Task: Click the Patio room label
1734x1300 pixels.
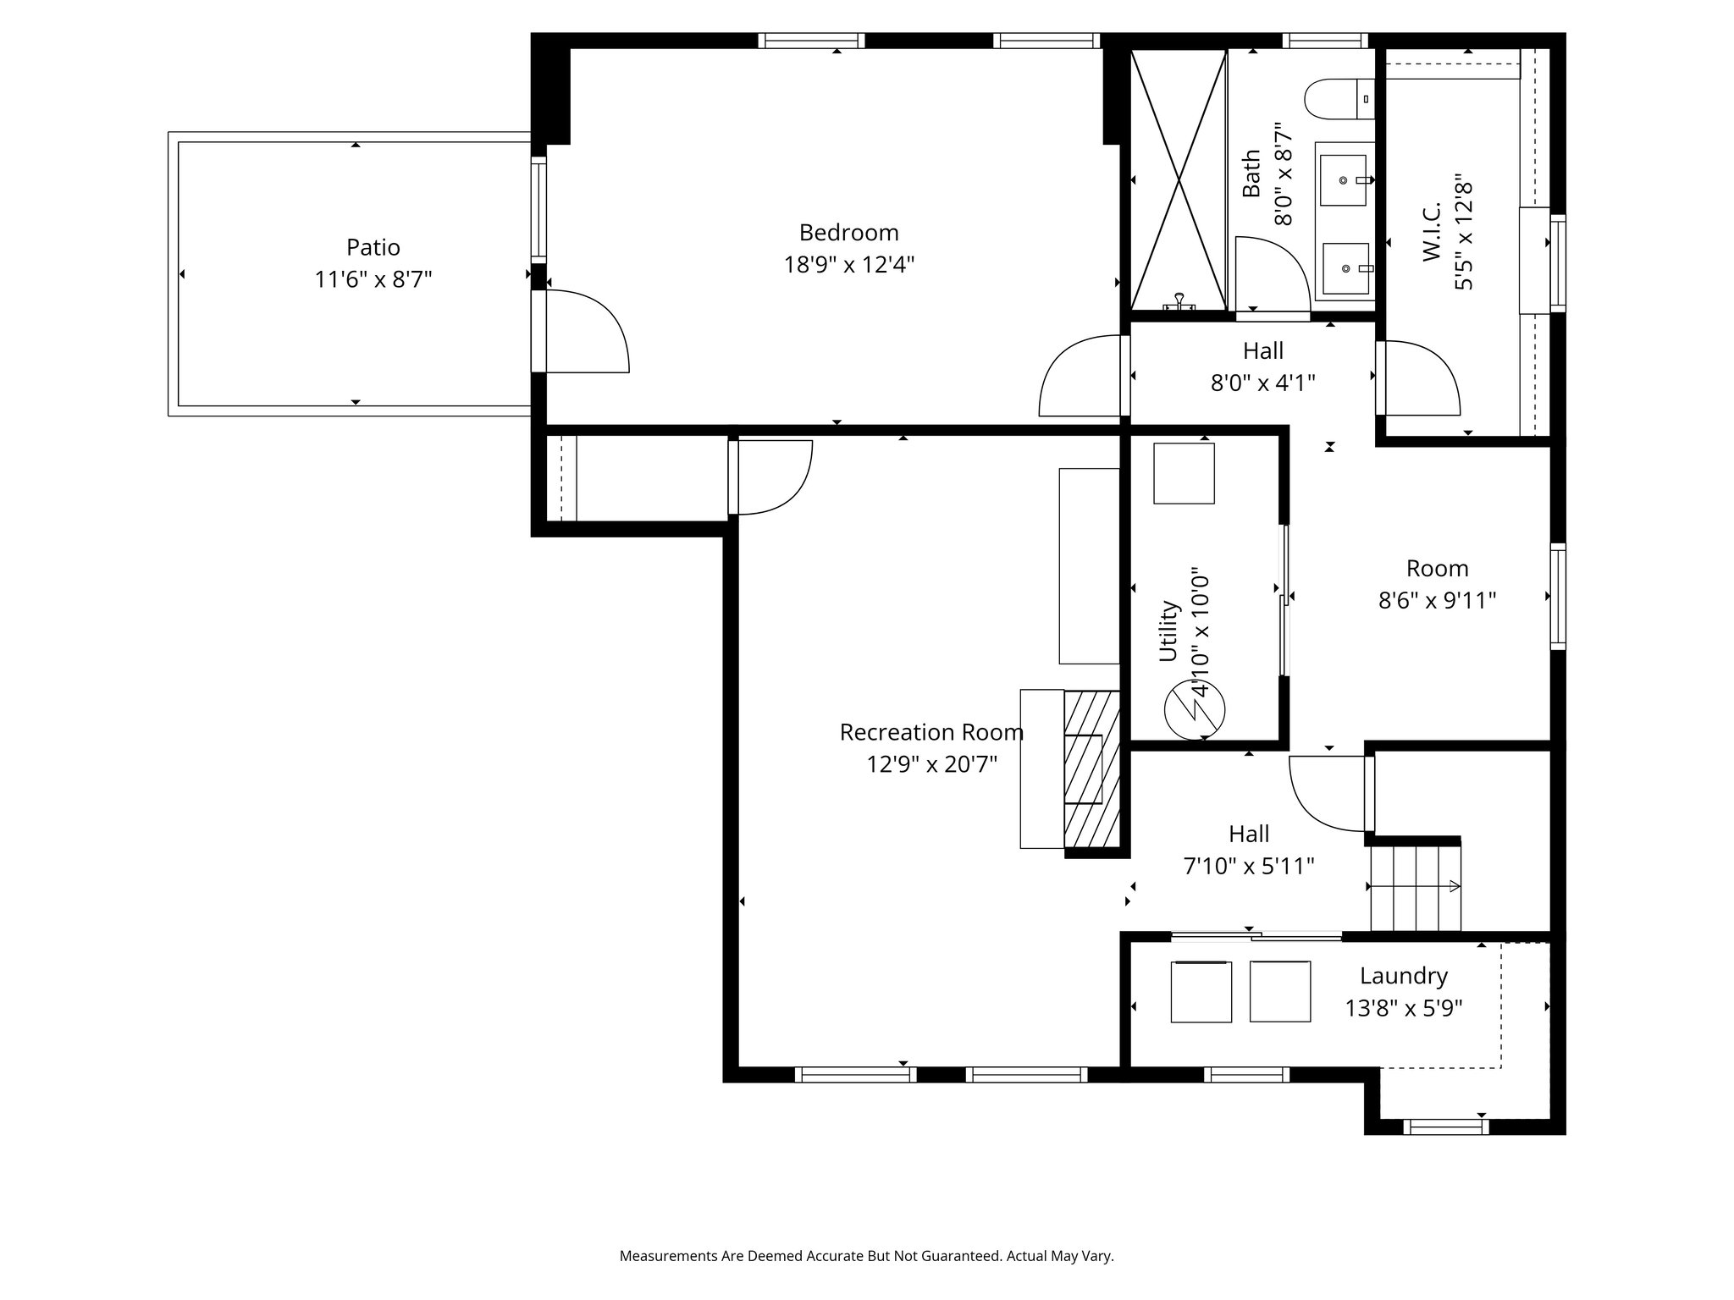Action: point(373,247)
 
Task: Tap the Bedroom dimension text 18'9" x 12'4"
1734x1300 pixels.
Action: point(848,265)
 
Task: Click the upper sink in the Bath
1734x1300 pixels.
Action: point(1343,180)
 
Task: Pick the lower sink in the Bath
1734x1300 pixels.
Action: point(1345,269)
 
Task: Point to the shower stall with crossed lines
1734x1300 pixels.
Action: point(1179,179)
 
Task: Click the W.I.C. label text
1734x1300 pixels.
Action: point(1432,232)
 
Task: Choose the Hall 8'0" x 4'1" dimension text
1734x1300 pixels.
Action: point(1262,383)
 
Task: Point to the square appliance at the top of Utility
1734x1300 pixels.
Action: point(1184,473)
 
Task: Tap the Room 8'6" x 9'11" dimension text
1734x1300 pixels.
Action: point(1437,601)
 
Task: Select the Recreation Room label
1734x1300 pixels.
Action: point(931,732)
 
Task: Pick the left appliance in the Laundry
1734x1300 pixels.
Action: point(1201,991)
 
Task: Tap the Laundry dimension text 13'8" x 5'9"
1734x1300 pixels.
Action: point(1404,1009)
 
